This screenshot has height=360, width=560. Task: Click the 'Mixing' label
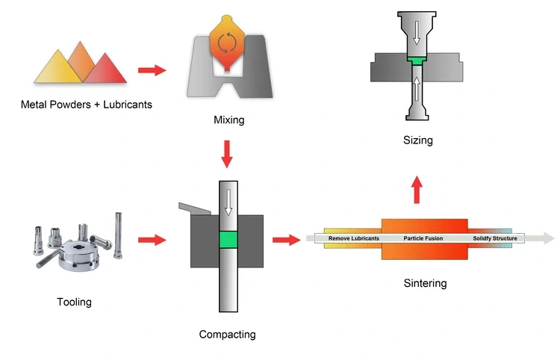229,120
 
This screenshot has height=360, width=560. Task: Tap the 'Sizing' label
418,140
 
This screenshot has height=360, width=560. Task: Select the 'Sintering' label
426,283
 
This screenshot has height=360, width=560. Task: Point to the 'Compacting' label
227,334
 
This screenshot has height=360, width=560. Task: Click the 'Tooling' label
74,302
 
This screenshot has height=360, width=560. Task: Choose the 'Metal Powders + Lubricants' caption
87,105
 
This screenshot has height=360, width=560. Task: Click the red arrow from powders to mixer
152,70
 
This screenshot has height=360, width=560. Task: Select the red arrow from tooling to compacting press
152,240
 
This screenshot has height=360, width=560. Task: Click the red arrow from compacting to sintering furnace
284,240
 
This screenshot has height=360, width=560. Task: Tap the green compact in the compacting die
227,240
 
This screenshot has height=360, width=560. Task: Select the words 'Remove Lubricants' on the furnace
354,238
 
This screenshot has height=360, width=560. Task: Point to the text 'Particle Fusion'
423,238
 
